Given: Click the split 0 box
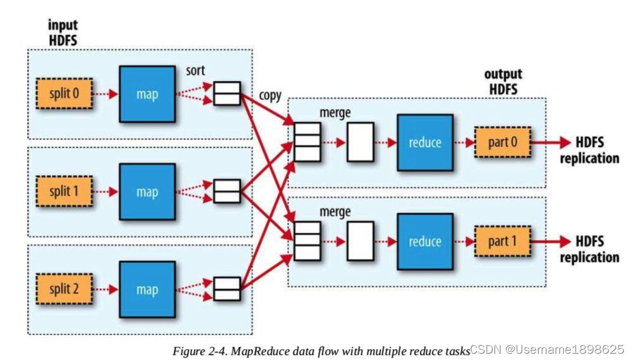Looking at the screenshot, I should (64, 93).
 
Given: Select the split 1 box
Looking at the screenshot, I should (64, 191).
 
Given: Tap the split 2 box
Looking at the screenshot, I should (64, 289).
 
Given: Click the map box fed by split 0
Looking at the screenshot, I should (147, 93).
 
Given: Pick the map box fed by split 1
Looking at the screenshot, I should (147, 191).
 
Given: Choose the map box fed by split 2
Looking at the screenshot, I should (147, 289).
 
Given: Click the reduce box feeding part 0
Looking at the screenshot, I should (424, 142).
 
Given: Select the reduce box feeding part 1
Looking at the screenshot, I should (424, 241).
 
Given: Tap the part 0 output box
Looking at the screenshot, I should (502, 142).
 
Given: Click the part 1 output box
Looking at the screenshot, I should (502, 241).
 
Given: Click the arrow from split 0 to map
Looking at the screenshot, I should (106, 93).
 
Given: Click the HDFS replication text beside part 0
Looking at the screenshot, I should (589, 150).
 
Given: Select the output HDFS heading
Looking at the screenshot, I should (503, 81).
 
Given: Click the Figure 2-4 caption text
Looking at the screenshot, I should (321, 351).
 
